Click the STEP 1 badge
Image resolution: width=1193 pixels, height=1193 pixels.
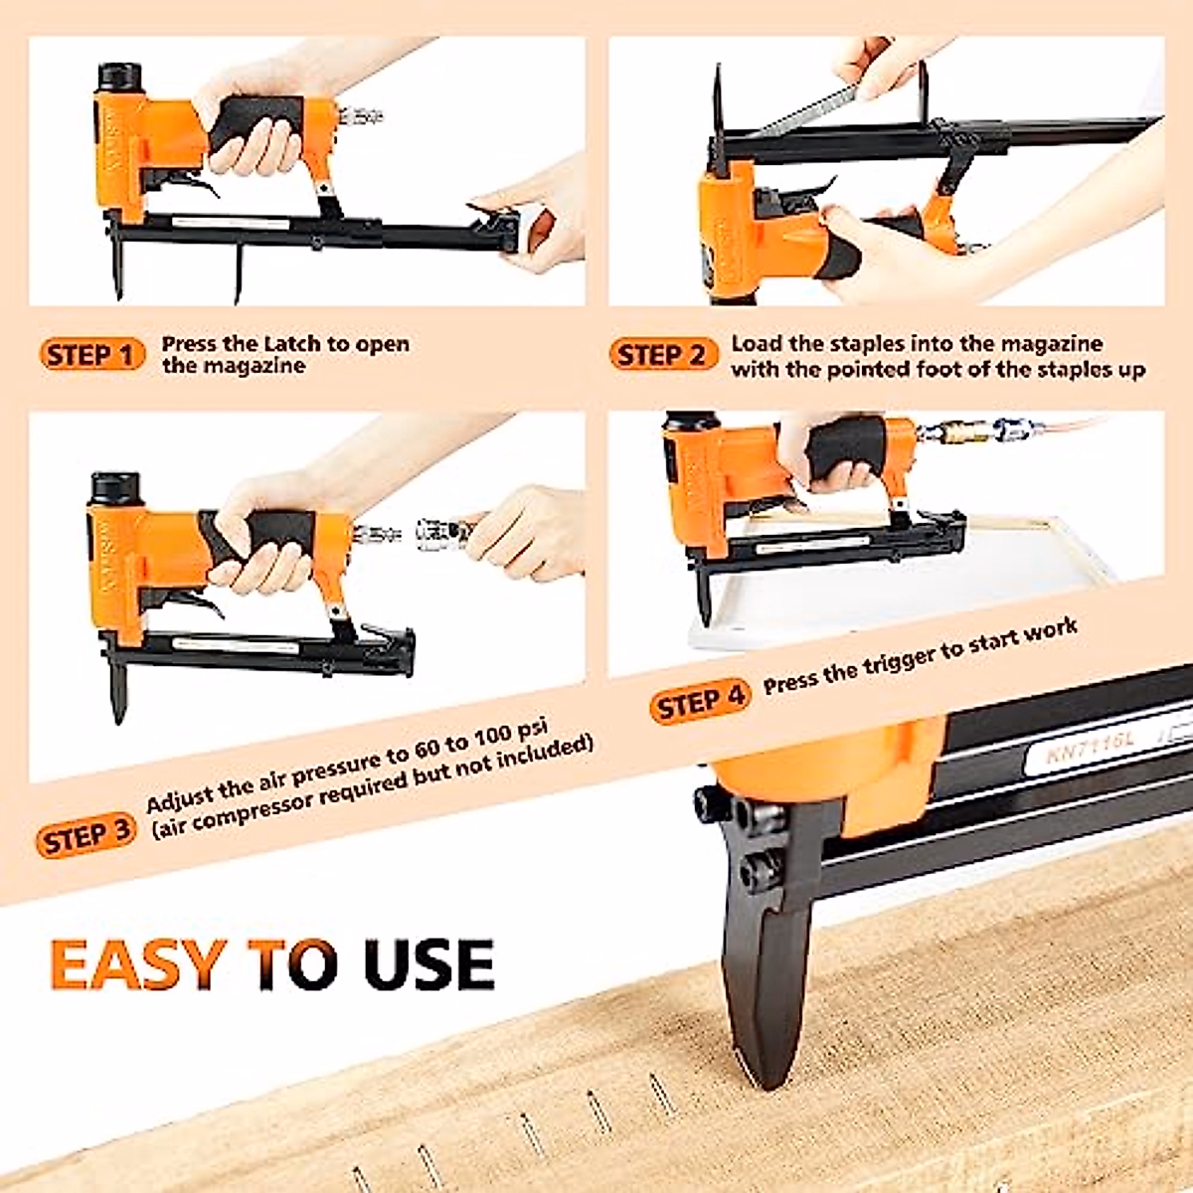(x=91, y=355)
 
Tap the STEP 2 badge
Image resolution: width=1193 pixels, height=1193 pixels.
(x=662, y=355)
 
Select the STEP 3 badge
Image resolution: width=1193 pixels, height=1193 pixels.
(x=86, y=836)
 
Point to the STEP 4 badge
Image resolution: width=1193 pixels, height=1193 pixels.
(x=701, y=703)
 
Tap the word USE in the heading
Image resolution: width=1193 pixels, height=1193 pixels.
(x=428, y=963)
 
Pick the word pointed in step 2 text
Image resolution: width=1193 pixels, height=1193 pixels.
(x=873, y=370)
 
